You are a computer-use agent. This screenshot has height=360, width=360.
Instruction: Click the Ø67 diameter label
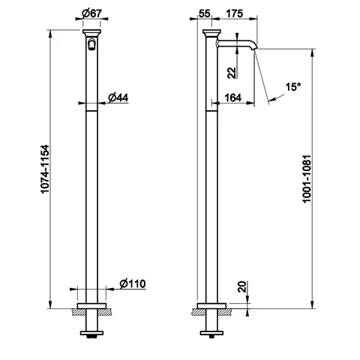91,13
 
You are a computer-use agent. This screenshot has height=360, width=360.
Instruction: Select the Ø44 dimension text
118,97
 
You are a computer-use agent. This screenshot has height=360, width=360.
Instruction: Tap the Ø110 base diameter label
133,283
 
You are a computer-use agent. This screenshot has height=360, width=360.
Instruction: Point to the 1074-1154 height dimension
45,169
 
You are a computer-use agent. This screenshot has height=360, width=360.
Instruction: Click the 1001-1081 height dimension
307,178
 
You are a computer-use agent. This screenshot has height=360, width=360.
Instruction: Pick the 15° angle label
293,87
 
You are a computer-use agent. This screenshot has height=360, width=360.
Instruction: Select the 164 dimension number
233,97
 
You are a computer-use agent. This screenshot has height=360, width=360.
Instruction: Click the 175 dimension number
234,13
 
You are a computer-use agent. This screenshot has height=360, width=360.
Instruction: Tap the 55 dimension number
205,13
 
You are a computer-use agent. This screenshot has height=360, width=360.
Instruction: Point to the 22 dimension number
232,73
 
